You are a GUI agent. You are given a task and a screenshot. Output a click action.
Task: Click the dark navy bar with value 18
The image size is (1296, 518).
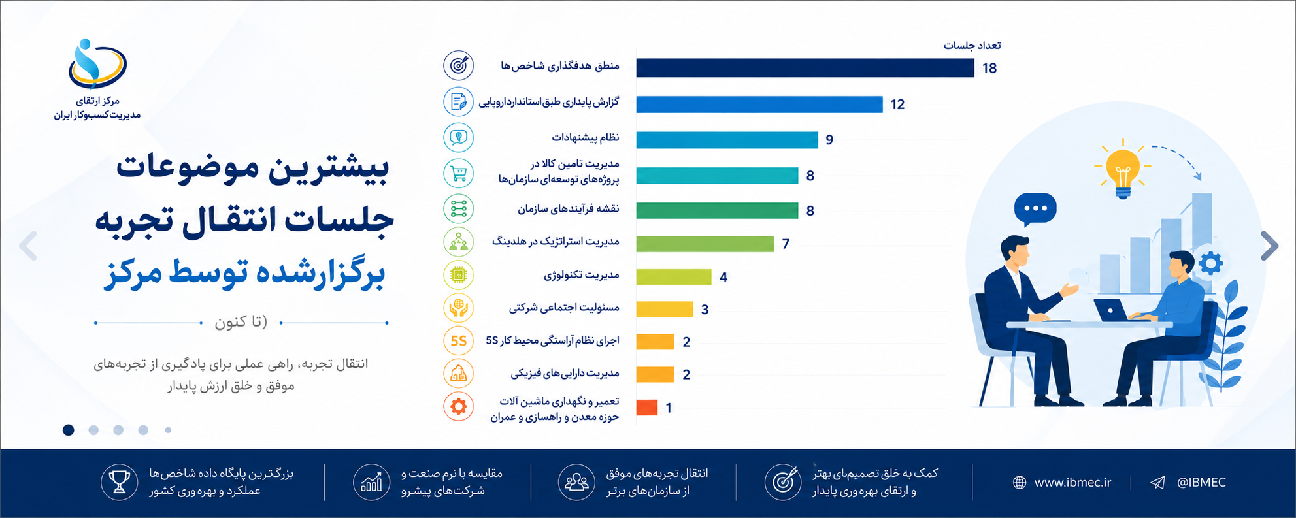tap(805, 68)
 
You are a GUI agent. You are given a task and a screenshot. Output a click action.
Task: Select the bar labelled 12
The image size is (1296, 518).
tap(759, 104)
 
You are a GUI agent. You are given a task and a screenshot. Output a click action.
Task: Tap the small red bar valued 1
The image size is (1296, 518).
tap(647, 408)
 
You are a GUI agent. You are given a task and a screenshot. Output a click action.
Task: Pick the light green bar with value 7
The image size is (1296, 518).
tap(705, 244)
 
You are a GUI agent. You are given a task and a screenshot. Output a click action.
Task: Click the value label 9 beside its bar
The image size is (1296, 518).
tap(829, 140)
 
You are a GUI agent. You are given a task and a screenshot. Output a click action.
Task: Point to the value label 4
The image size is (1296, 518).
tap(723, 277)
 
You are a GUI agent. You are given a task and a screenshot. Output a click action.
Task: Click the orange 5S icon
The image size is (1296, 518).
tap(459, 341)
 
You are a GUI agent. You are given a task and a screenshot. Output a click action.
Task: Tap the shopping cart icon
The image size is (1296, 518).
tap(459, 173)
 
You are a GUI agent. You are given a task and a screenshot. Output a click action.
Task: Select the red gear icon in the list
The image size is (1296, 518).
tap(459, 407)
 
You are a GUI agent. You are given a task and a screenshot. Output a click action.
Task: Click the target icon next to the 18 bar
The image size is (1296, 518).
tap(459, 65)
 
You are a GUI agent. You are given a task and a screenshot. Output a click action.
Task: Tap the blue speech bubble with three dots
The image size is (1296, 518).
tap(1035, 210)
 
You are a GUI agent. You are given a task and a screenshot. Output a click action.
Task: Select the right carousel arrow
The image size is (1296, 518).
tap(1269, 246)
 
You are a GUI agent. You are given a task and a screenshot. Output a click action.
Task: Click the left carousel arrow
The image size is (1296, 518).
tap(28, 246)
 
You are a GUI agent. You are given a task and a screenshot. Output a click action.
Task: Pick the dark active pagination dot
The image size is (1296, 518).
tap(69, 430)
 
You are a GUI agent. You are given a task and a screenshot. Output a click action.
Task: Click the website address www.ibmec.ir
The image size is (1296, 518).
tap(1072, 483)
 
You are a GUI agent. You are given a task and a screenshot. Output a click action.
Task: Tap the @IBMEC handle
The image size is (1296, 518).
tap(1201, 483)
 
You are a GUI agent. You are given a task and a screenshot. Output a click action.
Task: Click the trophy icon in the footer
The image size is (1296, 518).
tap(119, 482)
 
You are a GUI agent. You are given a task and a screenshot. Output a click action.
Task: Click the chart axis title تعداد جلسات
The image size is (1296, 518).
tap(972, 46)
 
